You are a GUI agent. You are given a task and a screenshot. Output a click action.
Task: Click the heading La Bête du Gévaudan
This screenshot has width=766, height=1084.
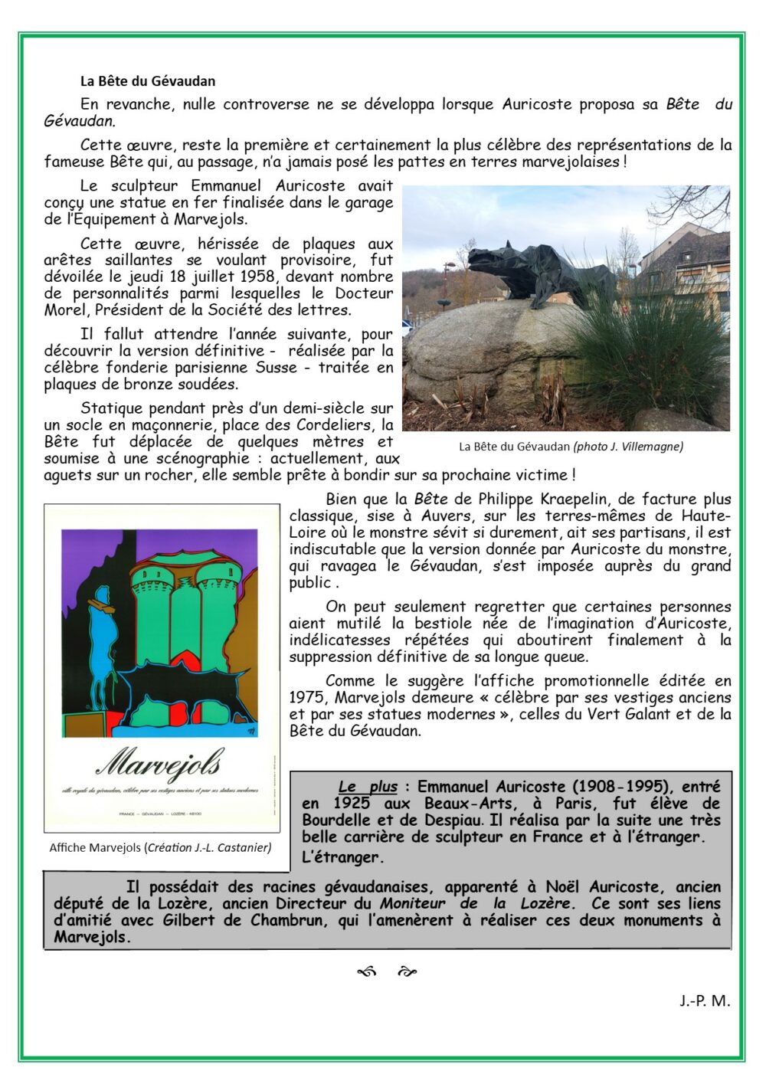[x=148, y=81]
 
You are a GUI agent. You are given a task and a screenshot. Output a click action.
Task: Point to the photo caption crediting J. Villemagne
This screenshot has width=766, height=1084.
[x=571, y=447]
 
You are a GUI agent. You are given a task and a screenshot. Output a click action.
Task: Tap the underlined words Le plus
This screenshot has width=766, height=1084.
[x=368, y=787]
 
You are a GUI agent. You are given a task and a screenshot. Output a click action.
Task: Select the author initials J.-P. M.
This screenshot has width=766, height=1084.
[x=704, y=1000]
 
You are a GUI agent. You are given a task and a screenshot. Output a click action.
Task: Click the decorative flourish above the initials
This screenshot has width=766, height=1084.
[x=387, y=972]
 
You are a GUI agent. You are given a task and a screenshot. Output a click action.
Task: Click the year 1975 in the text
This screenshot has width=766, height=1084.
[x=306, y=697]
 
